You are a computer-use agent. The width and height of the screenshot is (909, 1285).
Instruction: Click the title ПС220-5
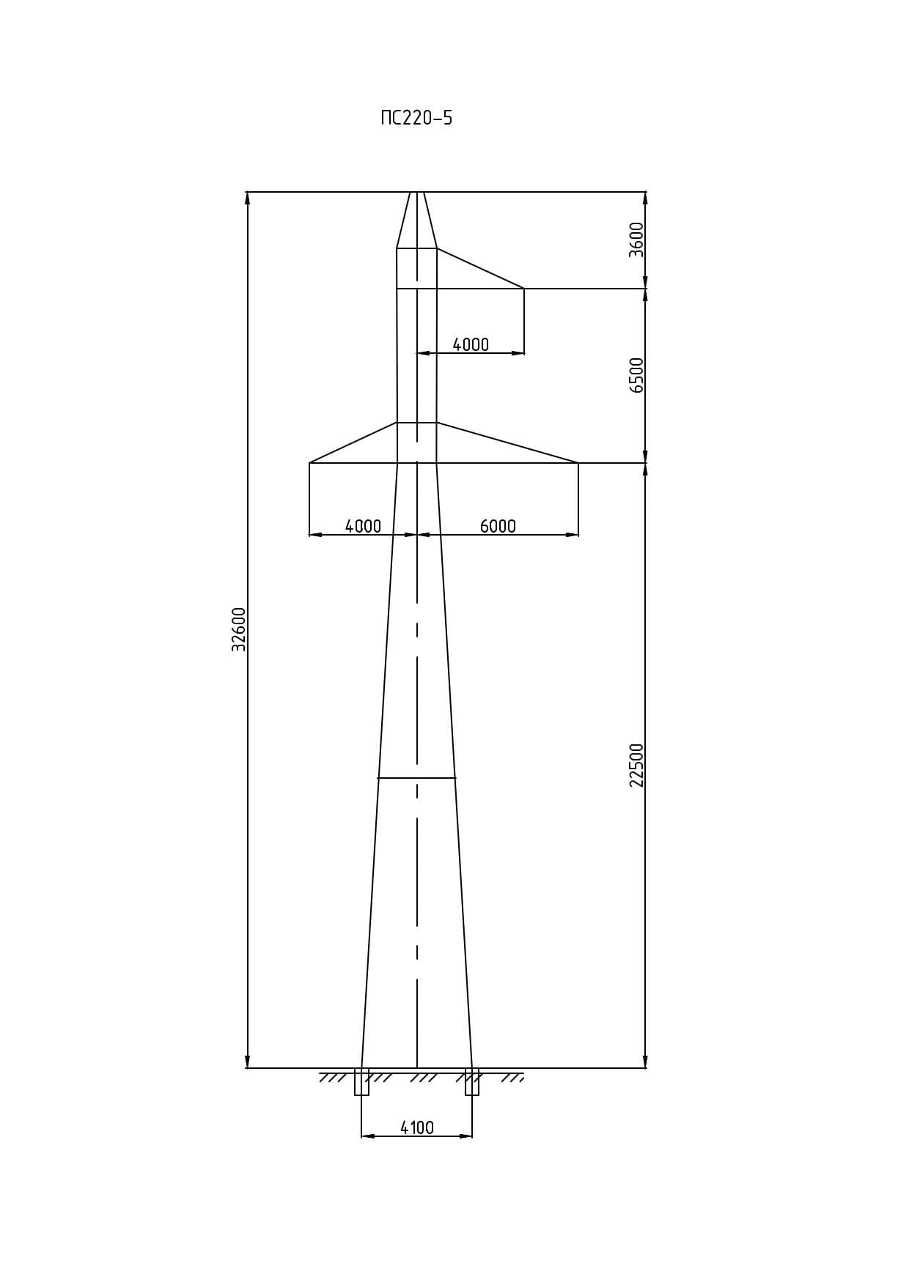416,118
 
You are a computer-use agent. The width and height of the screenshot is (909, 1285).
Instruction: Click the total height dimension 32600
239,629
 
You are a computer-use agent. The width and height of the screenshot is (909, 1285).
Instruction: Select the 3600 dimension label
636,240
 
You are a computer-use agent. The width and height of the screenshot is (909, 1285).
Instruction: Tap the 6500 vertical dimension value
636,375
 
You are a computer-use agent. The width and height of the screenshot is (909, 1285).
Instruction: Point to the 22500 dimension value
636,766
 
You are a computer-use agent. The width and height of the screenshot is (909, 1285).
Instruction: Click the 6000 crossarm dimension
498,526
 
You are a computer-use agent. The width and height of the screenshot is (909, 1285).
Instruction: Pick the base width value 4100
416,1127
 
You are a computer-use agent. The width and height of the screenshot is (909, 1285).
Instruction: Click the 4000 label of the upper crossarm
471,344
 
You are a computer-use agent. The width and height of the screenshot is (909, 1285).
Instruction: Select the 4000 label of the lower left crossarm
363,526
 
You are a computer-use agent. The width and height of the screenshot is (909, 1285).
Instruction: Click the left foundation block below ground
361,1082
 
